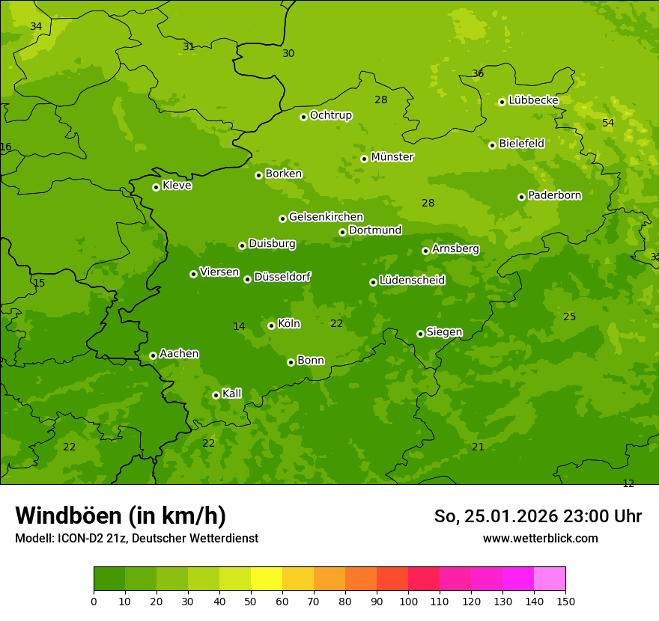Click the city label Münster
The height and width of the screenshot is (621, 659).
tap(392, 157)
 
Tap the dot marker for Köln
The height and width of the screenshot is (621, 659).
tap(271, 325)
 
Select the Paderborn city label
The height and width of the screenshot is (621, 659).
tap(554, 195)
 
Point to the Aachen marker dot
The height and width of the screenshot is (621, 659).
tap(153, 355)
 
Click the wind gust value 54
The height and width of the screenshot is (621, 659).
tap(608, 123)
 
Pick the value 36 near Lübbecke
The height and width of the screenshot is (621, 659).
tap(478, 73)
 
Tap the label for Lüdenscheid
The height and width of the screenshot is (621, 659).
tap(412, 281)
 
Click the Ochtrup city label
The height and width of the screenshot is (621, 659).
tap(330, 115)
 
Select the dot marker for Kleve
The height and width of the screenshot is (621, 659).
tap(156, 187)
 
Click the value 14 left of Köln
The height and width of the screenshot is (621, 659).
tap(239, 326)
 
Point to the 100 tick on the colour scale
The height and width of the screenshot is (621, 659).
tap(408, 601)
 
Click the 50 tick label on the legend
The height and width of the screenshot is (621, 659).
tap(251, 601)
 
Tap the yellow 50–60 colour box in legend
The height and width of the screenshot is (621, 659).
tap(267, 578)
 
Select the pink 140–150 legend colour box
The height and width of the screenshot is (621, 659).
tap(550, 578)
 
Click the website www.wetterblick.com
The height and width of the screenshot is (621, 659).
tap(540, 538)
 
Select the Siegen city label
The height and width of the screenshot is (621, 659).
tap(444, 332)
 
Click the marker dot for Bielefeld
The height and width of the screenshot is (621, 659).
tap(492, 145)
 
